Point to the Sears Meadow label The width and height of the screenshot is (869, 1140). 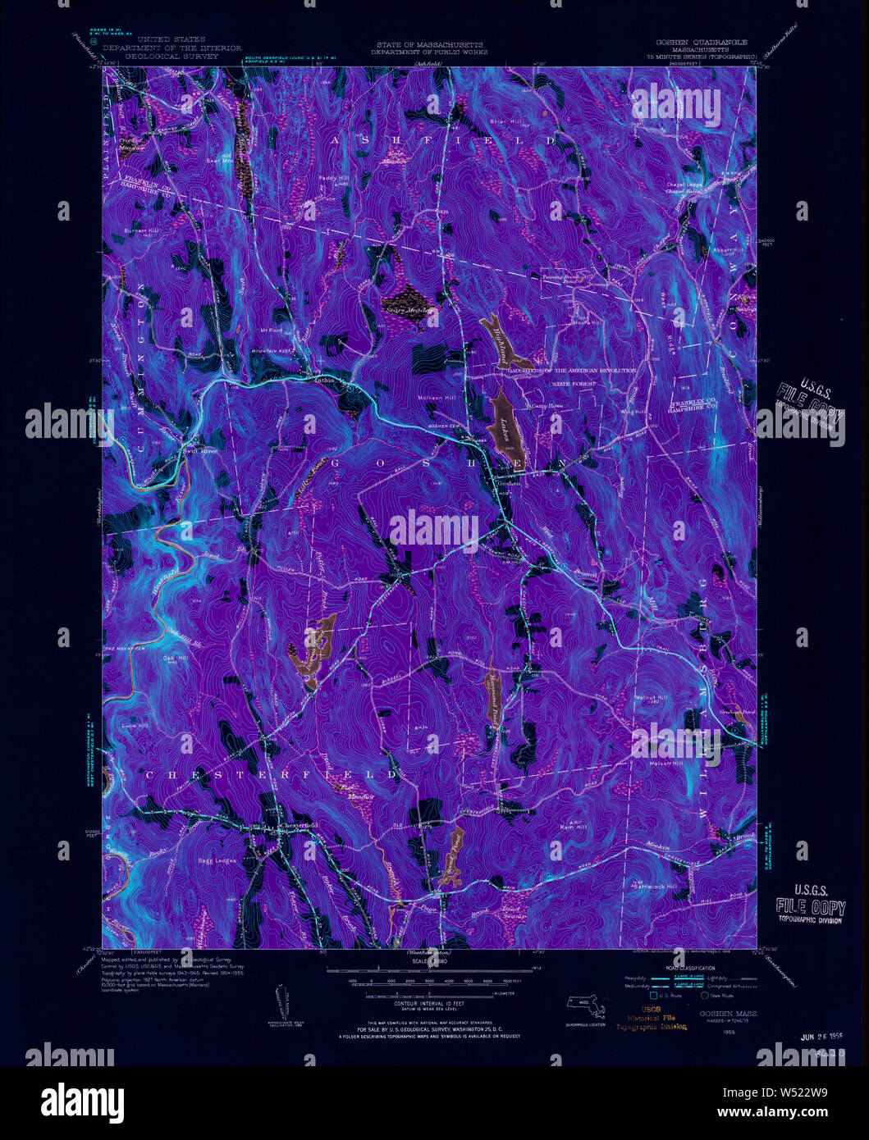coord(404,310)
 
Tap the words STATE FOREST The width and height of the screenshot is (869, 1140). coord(574,383)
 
